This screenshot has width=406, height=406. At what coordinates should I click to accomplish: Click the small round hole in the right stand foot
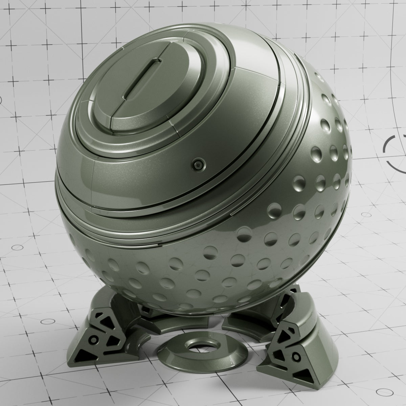(x=297, y=356)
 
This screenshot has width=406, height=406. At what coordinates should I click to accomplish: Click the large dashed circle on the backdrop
(x=394, y=152)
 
